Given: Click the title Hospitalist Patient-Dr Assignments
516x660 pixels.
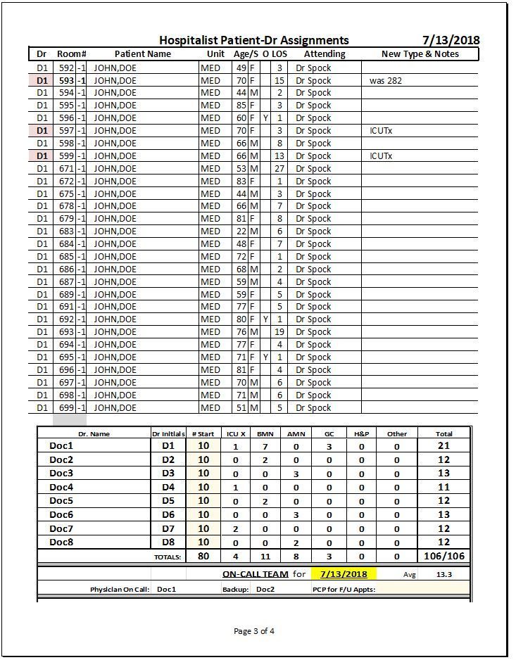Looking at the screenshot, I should pyautogui.click(x=253, y=41).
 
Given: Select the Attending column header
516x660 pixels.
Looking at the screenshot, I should pyautogui.click(x=325, y=54).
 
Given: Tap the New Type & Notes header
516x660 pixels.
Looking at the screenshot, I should pyautogui.click(x=420, y=54).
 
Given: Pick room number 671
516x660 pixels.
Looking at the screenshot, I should pyautogui.click(x=66, y=169).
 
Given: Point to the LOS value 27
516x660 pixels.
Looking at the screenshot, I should pyautogui.click(x=279, y=169).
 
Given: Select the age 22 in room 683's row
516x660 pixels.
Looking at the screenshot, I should pyautogui.click(x=241, y=231).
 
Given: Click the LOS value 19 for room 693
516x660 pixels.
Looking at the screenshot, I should pyautogui.click(x=279, y=332).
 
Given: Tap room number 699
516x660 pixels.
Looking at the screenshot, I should pyautogui.click(x=66, y=408).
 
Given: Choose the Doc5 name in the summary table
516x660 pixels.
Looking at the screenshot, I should pyautogui.click(x=61, y=501).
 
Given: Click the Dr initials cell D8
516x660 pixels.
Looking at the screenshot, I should pyautogui.click(x=168, y=542).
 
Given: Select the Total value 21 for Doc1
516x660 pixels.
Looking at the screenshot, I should pyautogui.click(x=444, y=446).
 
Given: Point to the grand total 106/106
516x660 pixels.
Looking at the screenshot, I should pyautogui.click(x=444, y=557).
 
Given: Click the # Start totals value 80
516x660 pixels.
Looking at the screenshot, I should pyautogui.click(x=203, y=557).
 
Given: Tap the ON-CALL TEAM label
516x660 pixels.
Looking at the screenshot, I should pyautogui.click(x=255, y=574).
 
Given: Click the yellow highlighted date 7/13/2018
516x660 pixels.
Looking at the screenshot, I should pyautogui.click(x=344, y=574).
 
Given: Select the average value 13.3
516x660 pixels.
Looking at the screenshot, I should pyautogui.click(x=444, y=574).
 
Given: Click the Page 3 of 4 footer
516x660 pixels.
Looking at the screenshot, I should pyautogui.click(x=254, y=631).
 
